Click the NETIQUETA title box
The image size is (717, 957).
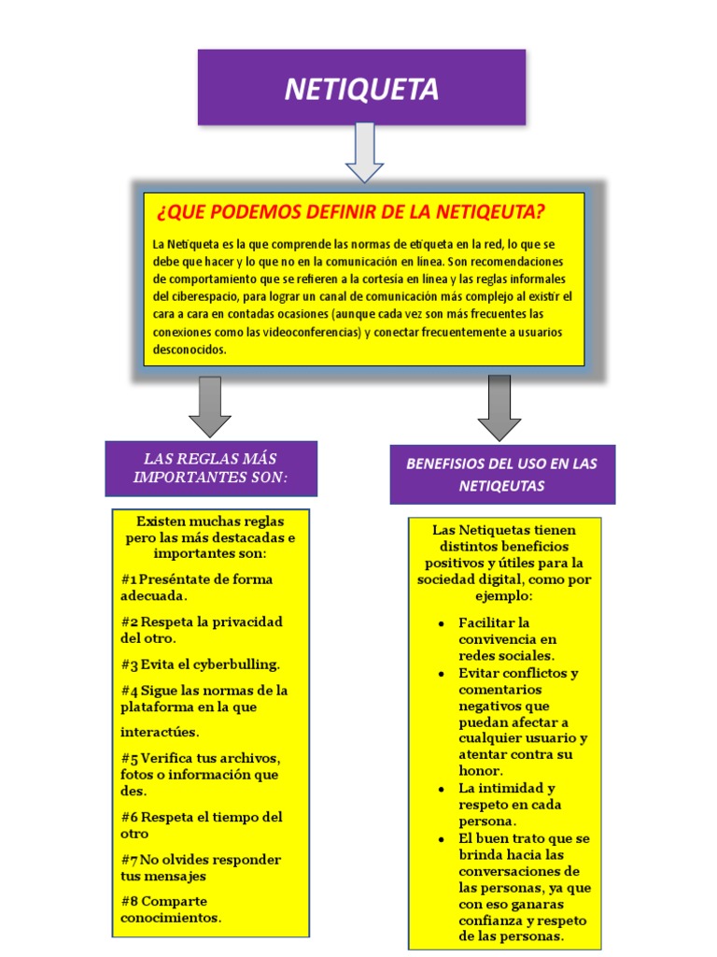coord(361,88)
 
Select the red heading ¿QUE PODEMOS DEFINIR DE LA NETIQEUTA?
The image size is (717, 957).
coord(350,213)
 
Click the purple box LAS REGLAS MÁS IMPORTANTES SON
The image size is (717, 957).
coord(211,467)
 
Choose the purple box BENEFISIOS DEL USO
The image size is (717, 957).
coord(502,475)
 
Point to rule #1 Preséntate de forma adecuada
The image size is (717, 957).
coord(196,587)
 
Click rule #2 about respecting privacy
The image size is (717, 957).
coord(201,630)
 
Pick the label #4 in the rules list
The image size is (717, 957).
coord(129,691)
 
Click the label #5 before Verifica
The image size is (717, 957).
coord(129,758)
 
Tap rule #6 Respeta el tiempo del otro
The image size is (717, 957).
coord(201,825)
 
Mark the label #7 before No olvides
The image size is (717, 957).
coord(129,860)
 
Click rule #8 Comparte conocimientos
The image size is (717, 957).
coord(172,909)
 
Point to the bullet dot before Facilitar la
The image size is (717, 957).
coord(440,623)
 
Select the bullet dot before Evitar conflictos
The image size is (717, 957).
coord(440,673)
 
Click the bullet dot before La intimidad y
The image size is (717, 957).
coord(440,789)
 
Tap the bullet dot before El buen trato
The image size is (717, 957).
coord(440,838)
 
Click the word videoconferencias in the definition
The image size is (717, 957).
coord(312,332)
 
